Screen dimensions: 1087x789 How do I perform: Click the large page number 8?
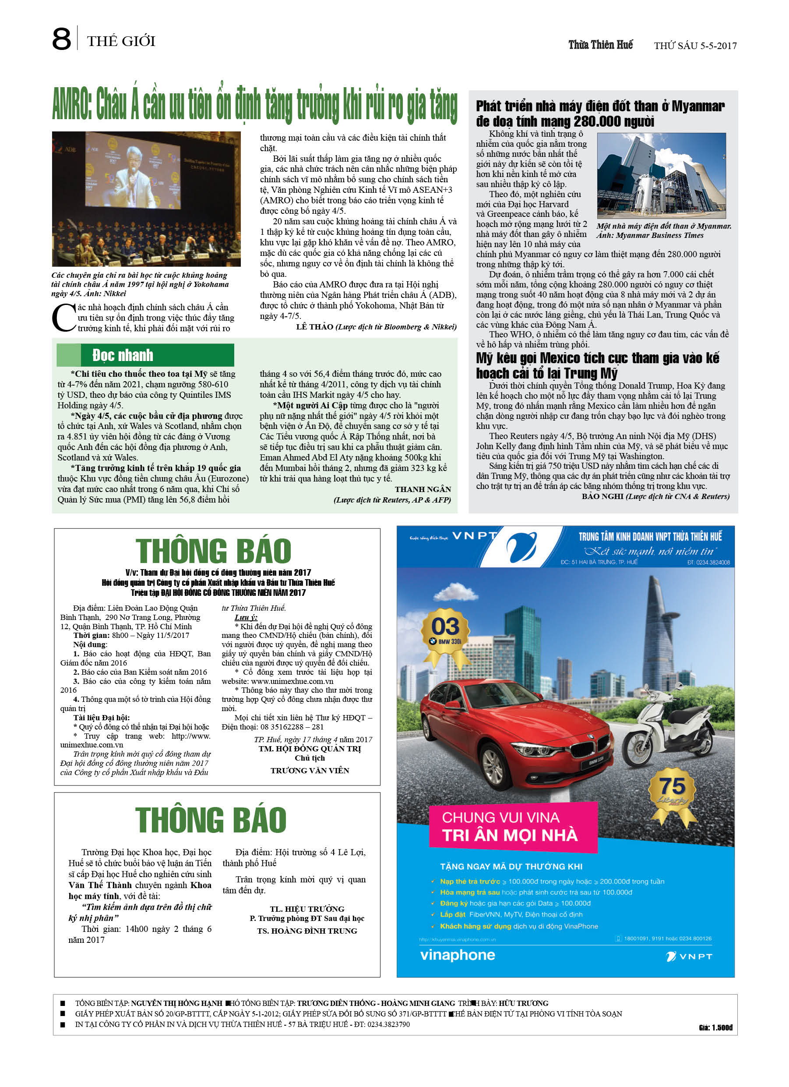click(61, 39)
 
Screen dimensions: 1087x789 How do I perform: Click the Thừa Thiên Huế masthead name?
click(600, 45)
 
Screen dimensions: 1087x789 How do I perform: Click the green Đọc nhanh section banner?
click(145, 355)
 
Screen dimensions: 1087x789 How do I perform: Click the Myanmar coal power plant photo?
click(661, 175)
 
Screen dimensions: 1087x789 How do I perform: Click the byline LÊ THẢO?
click(314, 327)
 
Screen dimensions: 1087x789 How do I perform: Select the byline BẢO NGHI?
click(602, 496)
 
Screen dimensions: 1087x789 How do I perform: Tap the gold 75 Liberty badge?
click(672, 790)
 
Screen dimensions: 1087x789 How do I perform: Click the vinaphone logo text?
click(458, 955)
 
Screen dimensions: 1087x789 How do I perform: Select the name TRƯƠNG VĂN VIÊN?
click(310, 771)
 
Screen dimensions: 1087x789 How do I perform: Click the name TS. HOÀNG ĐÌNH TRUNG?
click(307, 931)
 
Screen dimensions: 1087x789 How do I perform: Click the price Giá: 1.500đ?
click(715, 1027)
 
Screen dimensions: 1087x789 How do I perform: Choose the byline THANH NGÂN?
click(423, 489)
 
